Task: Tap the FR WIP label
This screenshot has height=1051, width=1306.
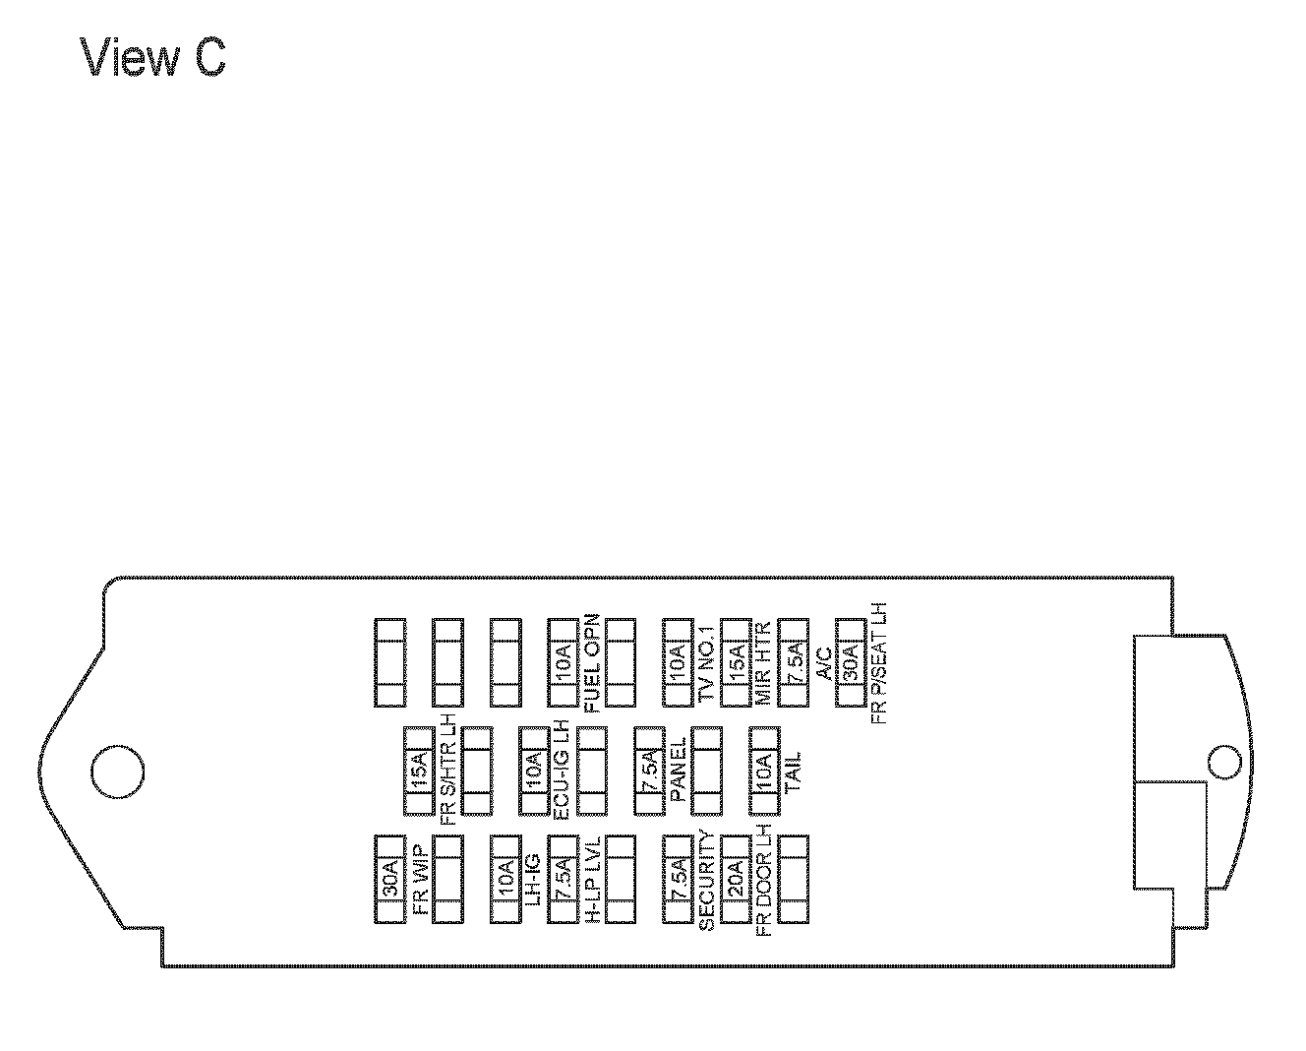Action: (x=420, y=879)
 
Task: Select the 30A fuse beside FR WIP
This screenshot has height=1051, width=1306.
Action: (x=390, y=879)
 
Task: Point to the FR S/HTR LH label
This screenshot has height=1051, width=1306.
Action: (x=448, y=772)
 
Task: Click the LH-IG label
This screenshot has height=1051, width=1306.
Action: (x=534, y=879)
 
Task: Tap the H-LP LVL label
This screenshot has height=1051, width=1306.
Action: (x=592, y=879)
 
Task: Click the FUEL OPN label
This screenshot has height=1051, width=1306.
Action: (x=592, y=663)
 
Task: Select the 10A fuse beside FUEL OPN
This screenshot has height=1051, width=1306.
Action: (x=563, y=663)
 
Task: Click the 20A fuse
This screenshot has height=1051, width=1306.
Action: (x=736, y=879)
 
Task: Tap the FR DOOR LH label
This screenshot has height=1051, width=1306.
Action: (x=764, y=879)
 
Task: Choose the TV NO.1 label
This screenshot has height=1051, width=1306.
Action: (x=706, y=663)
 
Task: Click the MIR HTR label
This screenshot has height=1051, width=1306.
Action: (x=764, y=663)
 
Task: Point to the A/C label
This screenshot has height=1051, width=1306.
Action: (x=822, y=663)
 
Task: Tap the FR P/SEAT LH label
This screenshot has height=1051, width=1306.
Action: (x=879, y=663)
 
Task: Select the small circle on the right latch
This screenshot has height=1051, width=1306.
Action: (x=1223, y=762)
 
